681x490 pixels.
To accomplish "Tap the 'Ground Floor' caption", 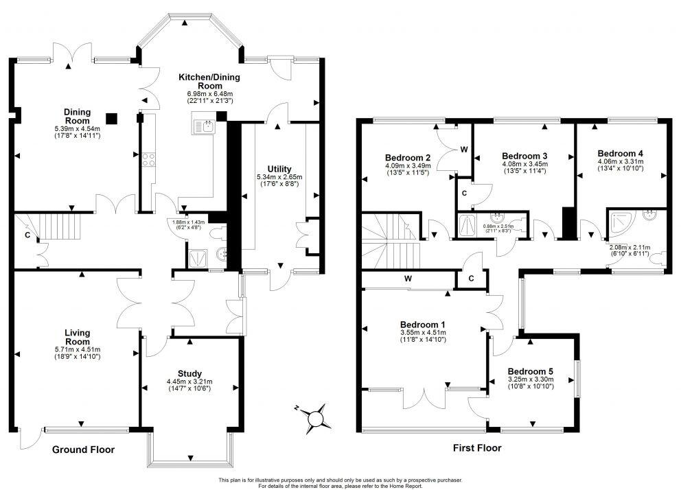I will point(84,450).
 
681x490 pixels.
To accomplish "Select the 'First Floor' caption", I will point(477,448).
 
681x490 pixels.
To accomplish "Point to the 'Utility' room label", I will point(279,169).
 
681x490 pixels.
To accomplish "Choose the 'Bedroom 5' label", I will point(531,371).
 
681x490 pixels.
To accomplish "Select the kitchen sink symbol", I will point(205,125).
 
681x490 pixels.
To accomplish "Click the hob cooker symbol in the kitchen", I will point(148,160).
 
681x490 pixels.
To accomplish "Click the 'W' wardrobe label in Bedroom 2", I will point(464,149).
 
